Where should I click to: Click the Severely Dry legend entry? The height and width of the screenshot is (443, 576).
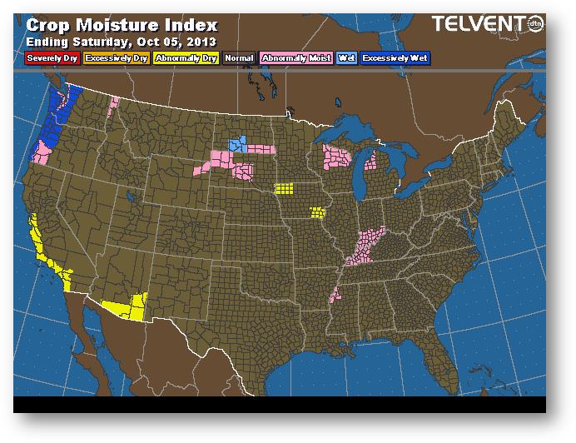[52, 59]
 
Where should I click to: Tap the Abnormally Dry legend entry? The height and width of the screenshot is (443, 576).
[186, 59]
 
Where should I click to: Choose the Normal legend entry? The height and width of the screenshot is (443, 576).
[238, 59]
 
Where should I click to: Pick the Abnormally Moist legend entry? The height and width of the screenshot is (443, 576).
[295, 59]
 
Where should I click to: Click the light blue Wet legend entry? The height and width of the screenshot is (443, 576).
[346, 59]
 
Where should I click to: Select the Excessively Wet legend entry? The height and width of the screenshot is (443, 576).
[395, 59]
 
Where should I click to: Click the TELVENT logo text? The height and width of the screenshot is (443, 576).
[472, 25]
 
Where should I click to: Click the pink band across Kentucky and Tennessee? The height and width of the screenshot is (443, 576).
[366, 243]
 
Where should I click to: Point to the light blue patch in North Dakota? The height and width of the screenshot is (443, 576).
[239, 144]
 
